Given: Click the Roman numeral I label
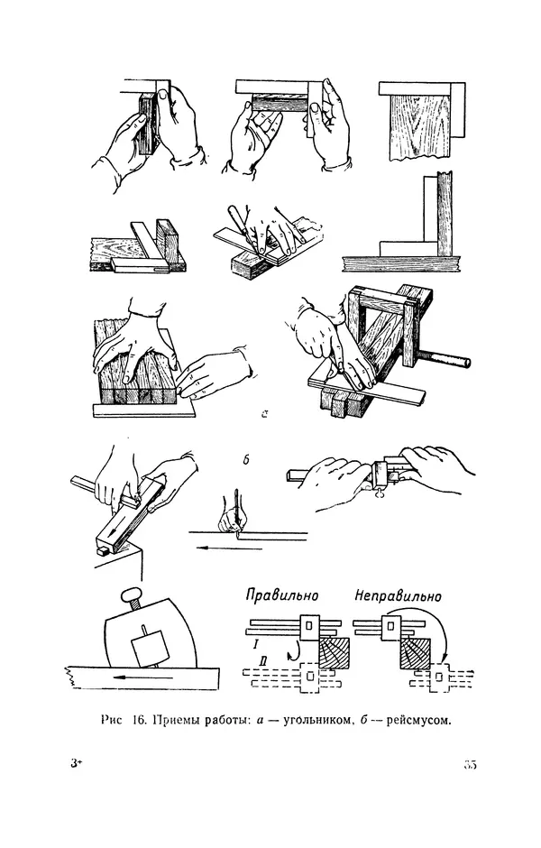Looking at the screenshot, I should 257,646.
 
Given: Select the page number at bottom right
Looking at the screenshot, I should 469,765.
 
